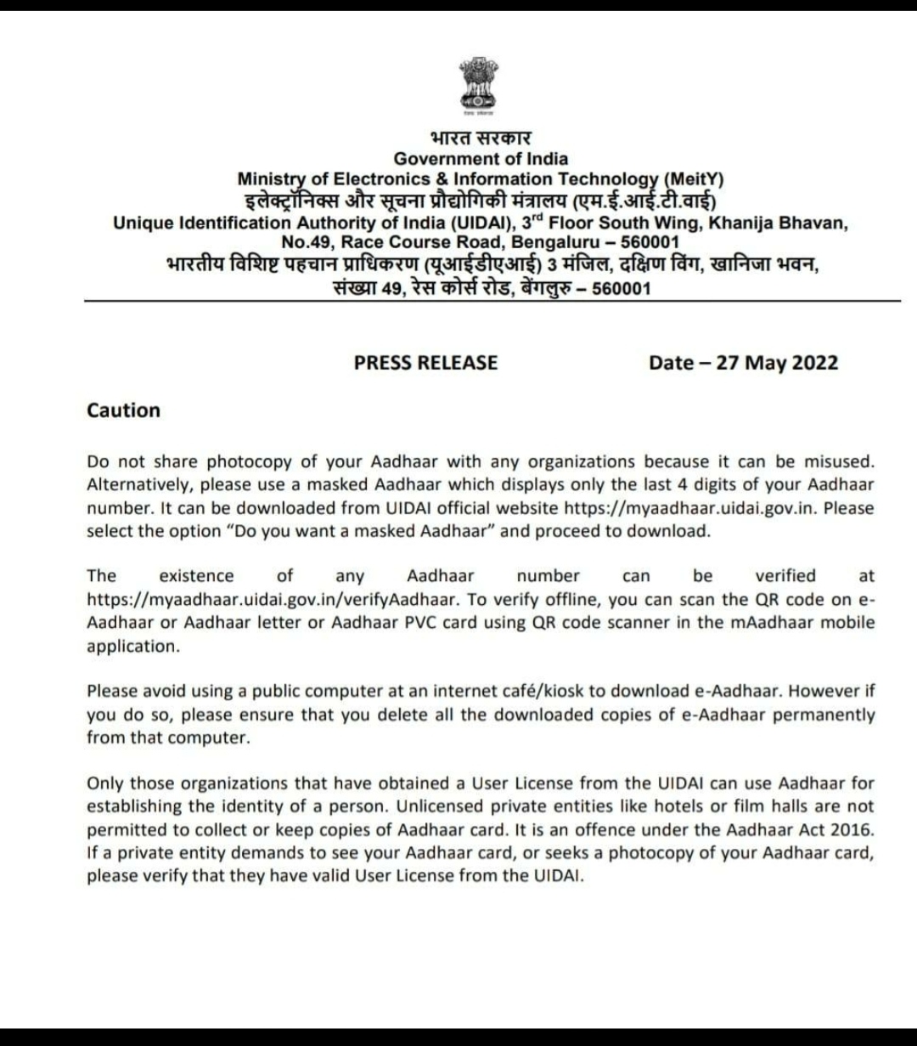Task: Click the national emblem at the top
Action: coord(479,85)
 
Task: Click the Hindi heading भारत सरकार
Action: coord(480,137)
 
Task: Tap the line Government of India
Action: coord(481,158)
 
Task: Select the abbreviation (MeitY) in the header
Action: coord(693,179)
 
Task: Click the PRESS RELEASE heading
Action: coord(425,363)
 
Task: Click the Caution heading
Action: coord(123,410)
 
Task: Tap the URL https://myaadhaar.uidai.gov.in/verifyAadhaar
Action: coord(273,599)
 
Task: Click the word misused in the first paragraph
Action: coord(839,461)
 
